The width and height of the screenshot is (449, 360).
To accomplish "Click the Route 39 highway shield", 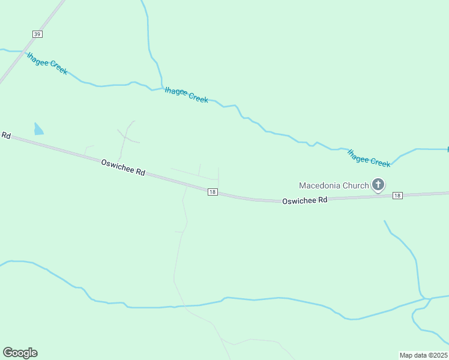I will [x=37, y=34].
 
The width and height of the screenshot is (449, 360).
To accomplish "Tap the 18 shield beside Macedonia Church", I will [x=397, y=196].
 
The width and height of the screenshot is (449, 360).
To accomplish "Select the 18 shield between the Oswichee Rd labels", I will [x=212, y=192].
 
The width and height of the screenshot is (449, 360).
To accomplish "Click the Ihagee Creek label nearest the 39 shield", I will [x=47, y=63].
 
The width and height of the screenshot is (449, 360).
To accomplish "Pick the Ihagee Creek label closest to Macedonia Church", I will [x=369, y=158].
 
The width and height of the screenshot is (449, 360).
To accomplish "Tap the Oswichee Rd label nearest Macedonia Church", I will [x=305, y=200].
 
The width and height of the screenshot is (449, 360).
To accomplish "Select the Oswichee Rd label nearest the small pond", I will [x=123, y=167].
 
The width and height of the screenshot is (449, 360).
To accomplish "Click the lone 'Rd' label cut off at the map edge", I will [x=6, y=136].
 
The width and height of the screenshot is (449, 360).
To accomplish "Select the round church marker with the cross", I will [x=378, y=185].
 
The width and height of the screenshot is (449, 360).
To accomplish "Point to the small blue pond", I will [x=38, y=129].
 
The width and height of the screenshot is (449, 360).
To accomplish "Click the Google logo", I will [x=20, y=353].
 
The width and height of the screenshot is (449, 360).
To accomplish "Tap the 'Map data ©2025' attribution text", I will [x=423, y=355].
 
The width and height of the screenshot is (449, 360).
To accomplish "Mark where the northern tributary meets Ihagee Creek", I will [x=162, y=88].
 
